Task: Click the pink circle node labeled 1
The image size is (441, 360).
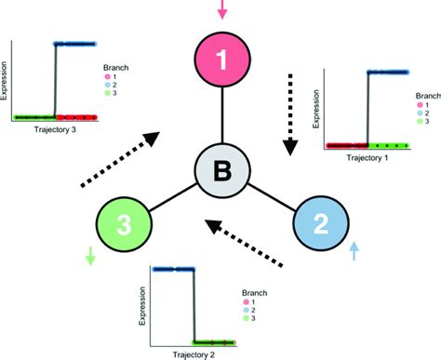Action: click(220, 61)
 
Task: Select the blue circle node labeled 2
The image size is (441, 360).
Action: click(319, 224)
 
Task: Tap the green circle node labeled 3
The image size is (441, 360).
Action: click(125, 224)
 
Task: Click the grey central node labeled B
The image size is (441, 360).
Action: click(221, 170)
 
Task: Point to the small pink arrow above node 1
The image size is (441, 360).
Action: click(221, 10)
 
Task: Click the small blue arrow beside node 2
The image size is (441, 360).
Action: click(354, 249)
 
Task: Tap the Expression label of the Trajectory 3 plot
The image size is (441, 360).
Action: click(7, 80)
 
